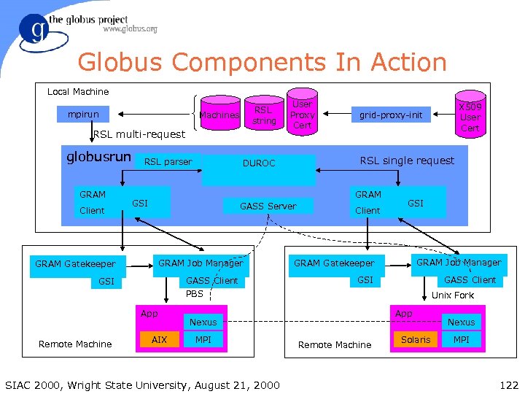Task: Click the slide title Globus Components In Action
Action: pyautogui.click(x=262, y=62)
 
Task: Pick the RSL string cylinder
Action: pyautogui.click(x=264, y=115)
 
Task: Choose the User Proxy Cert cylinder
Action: pyautogui.click(x=302, y=115)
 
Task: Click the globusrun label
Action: pyautogui.click(x=99, y=157)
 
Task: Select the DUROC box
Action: pyautogui.click(x=259, y=163)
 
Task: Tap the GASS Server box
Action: pyautogui.click(x=268, y=206)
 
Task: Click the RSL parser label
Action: pyautogui.click(x=168, y=162)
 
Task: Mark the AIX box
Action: pyautogui.click(x=159, y=340)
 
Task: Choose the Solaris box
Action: pyautogui.click(x=416, y=340)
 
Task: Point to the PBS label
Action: pyautogui.click(x=195, y=294)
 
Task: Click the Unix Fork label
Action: pyautogui.click(x=452, y=295)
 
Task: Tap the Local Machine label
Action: pyautogui.click(x=78, y=92)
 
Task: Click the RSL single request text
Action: pyautogui.click(x=407, y=161)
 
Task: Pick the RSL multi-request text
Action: pyautogui.click(x=139, y=134)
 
